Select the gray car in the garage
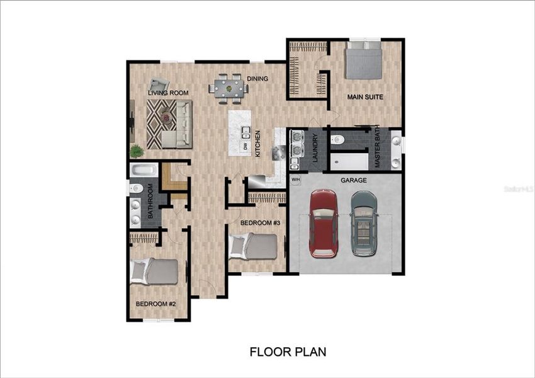[364, 224]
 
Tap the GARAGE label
[354, 180]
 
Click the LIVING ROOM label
[169, 93]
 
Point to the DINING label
[257, 79]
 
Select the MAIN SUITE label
[366, 97]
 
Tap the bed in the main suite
[364, 60]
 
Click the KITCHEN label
[257, 142]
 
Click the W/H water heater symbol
[296, 180]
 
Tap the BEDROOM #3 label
[259, 223]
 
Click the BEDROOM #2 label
[155, 304]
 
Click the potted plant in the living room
[136, 151]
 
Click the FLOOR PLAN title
[288, 352]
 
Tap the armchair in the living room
[159, 86]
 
